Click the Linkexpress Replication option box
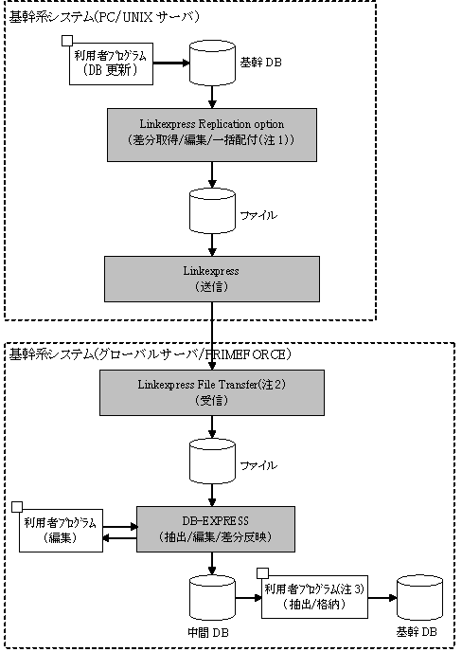click(x=212, y=136)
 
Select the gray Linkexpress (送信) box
click(x=212, y=279)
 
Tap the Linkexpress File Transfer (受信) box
click(x=212, y=392)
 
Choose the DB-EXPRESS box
click(x=216, y=529)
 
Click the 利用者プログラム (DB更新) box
click(x=111, y=63)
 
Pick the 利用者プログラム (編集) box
click(x=62, y=531)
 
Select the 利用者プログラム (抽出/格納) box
click(x=314, y=597)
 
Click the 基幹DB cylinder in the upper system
click(x=212, y=63)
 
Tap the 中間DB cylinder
click(x=212, y=598)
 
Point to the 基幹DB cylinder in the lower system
click(x=420, y=598)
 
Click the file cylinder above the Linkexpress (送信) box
click(x=212, y=211)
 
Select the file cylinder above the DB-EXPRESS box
click(x=212, y=462)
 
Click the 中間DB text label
click(x=208, y=633)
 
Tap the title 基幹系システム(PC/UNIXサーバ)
click(x=104, y=17)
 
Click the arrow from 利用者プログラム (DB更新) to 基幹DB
click(x=171, y=63)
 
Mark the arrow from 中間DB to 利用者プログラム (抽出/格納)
click(x=248, y=598)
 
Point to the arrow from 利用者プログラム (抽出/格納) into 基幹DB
click(x=382, y=598)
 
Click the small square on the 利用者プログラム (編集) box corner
click(x=17, y=507)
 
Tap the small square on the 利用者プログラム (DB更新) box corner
click(x=67, y=41)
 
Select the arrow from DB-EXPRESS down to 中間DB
click(x=212, y=564)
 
